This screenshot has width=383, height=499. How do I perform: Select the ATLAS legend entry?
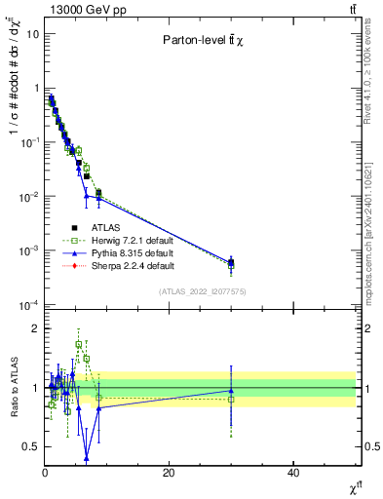pos(91,227)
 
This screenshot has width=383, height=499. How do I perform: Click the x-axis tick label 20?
pos(169,472)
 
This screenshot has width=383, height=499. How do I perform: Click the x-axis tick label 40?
pos(293,472)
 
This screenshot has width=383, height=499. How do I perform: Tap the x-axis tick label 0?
pos(45,472)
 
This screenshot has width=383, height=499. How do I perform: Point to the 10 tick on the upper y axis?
pos(32,33)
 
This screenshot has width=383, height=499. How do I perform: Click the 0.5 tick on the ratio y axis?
pos(30,446)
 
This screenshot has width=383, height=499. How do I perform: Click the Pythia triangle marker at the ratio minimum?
pos(87,457)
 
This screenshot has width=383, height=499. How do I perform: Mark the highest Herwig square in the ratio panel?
pos(79,344)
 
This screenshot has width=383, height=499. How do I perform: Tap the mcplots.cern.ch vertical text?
pos(373,224)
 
